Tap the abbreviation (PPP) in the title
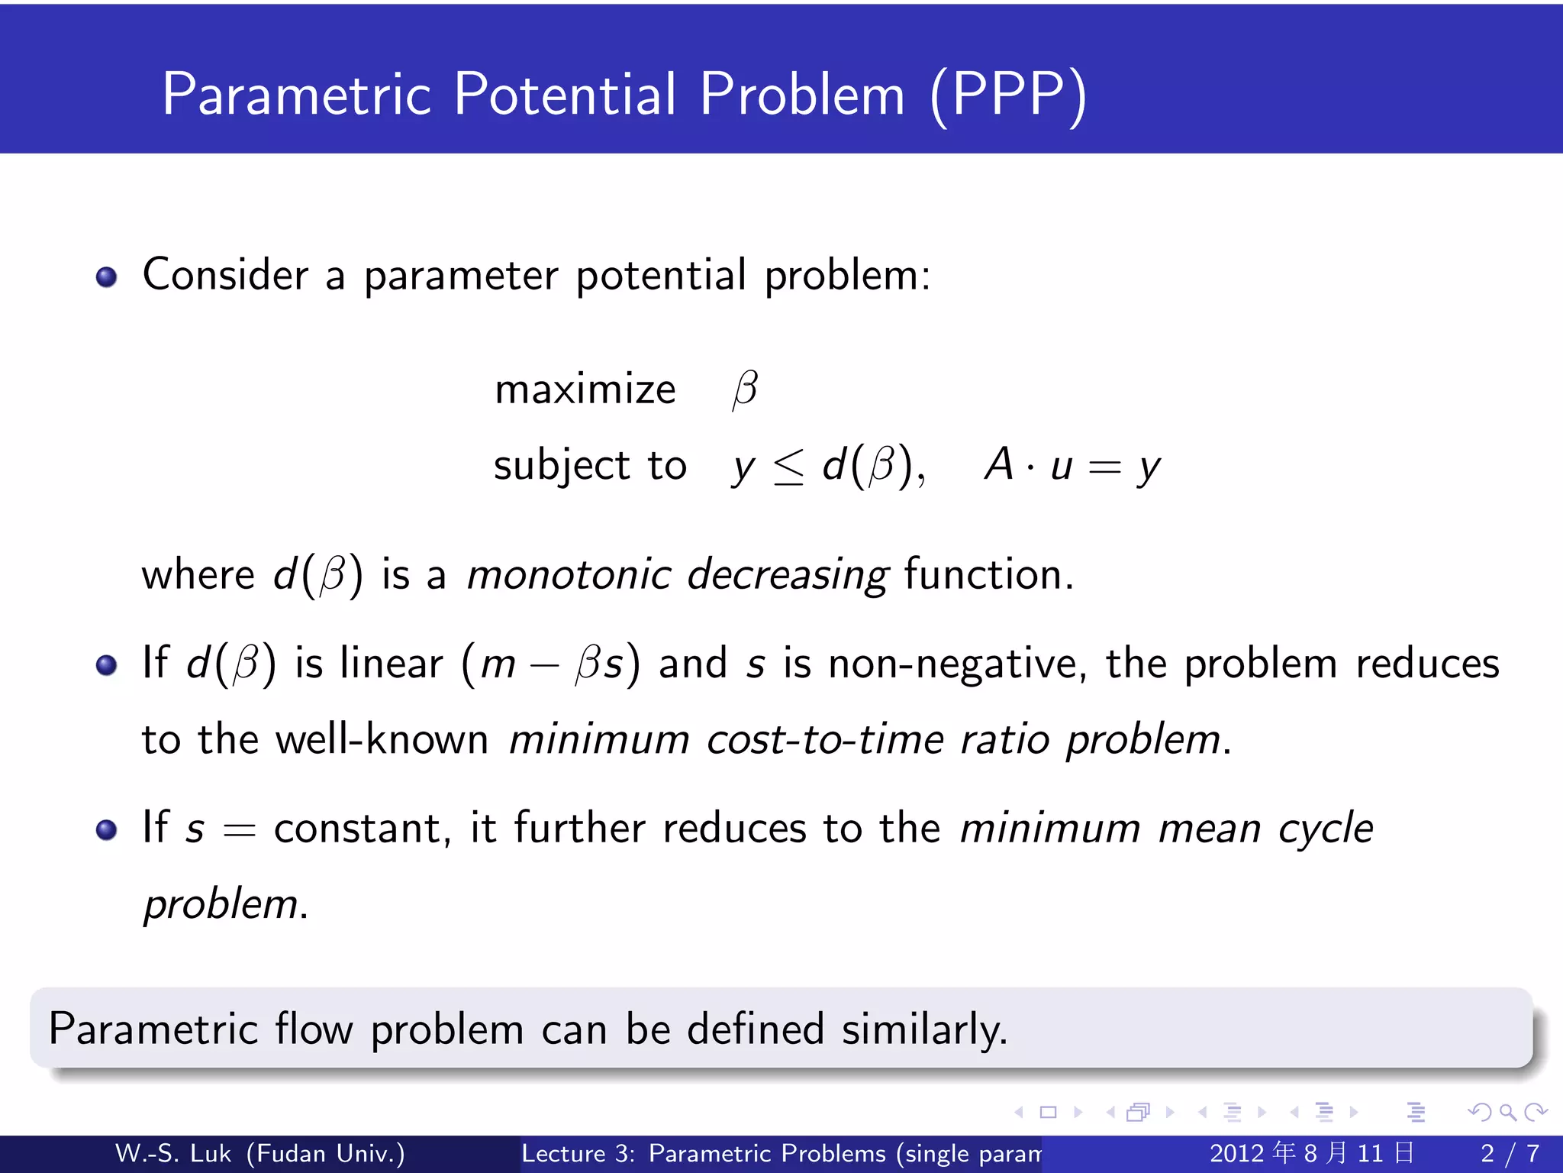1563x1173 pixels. [1008, 95]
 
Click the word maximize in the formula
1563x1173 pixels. [585, 389]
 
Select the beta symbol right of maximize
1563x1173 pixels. [745, 389]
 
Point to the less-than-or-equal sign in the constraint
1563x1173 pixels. [788, 467]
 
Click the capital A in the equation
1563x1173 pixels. [999, 464]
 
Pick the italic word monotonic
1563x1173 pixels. [569, 574]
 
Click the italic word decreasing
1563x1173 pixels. [788, 576]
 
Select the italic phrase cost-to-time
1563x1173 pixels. [825, 739]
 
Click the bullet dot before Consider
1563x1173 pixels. [107, 276]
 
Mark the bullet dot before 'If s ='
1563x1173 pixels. [107, 829]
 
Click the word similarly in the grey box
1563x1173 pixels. [924, 1029]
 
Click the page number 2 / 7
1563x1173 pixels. [1510, 1153]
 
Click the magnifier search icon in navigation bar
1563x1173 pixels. [1507, 1112]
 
